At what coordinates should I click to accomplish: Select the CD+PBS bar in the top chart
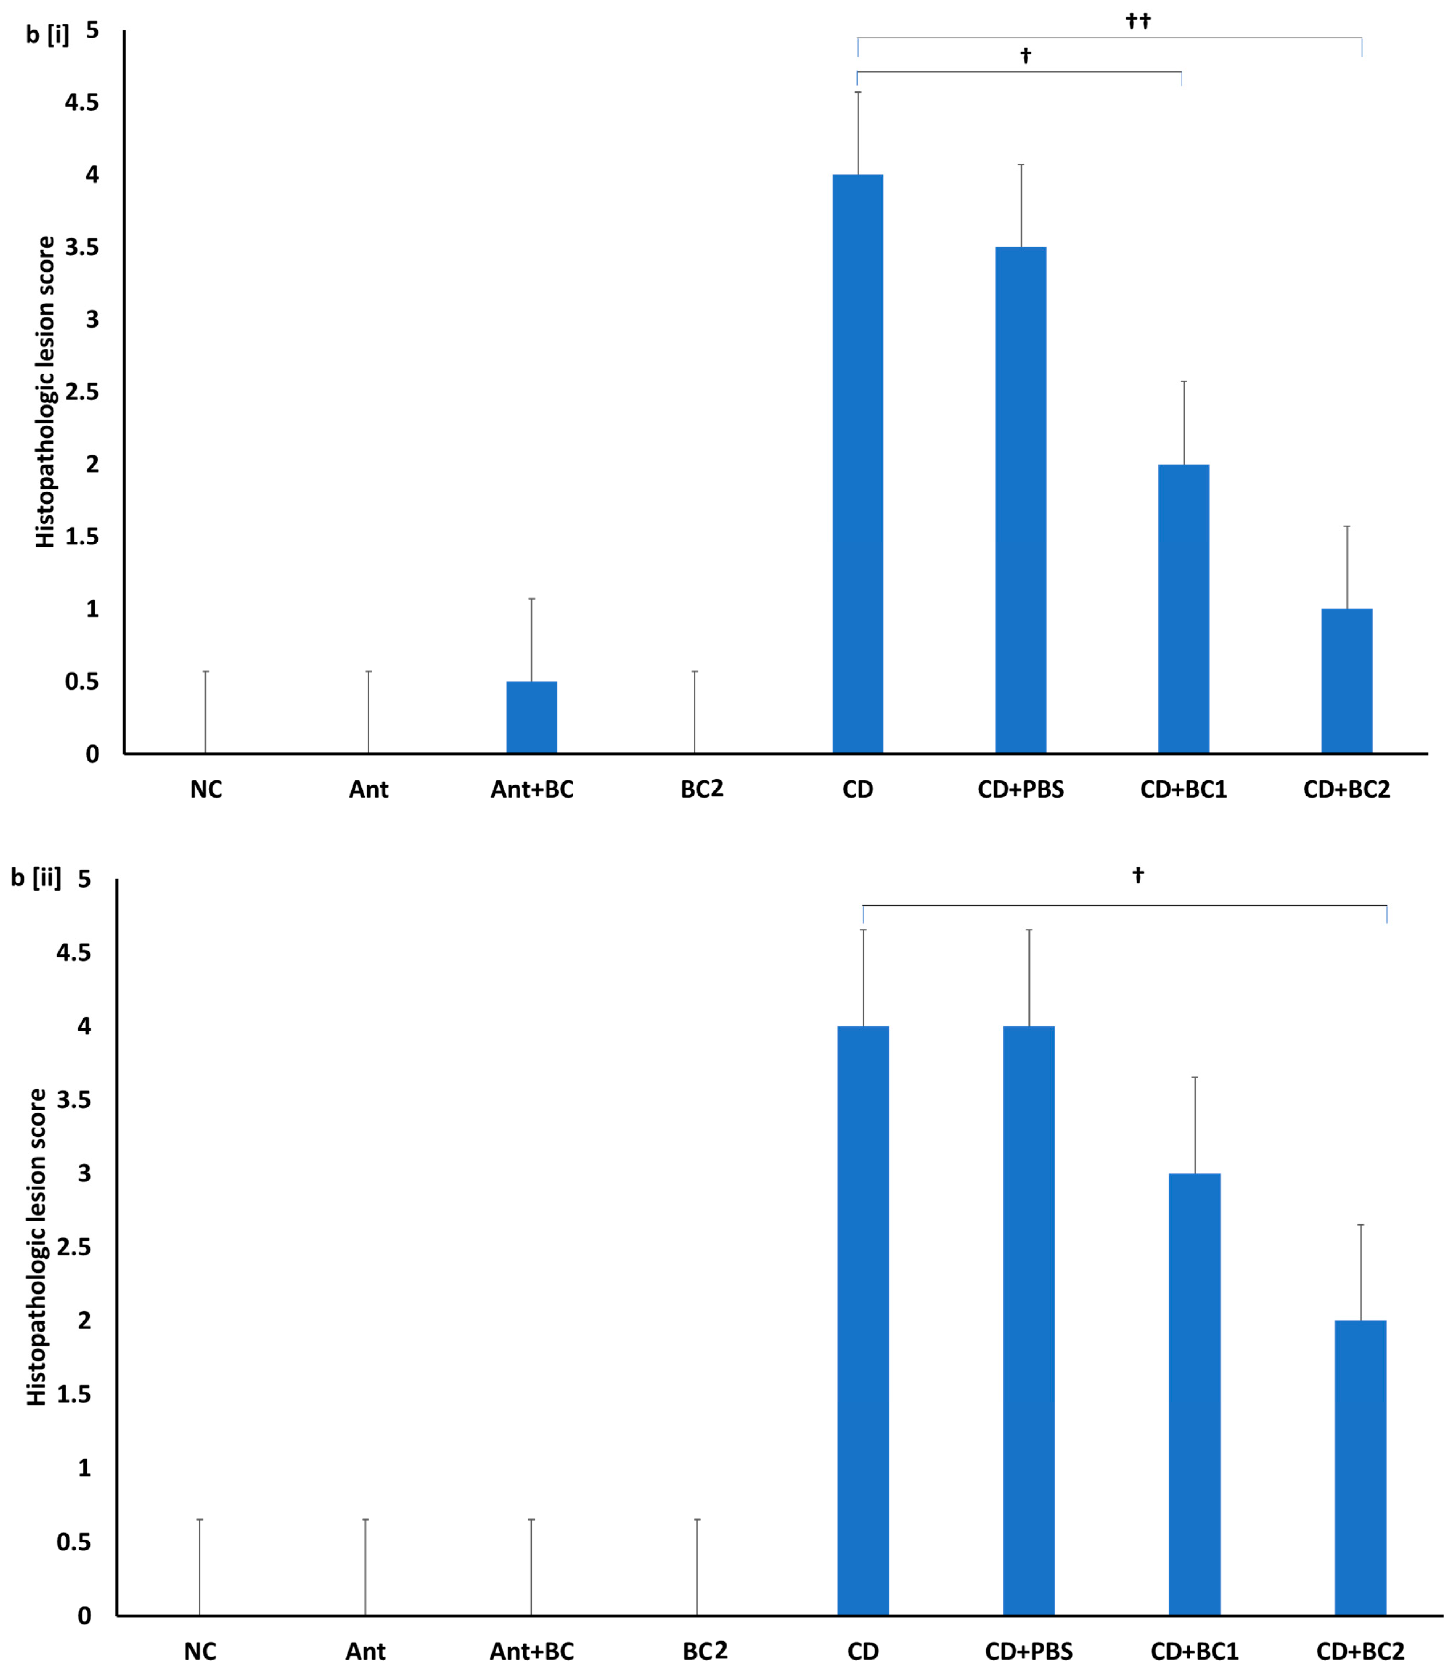tap(1021, 500)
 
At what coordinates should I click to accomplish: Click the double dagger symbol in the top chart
tap(1138, 21)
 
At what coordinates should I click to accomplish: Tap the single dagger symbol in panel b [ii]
tap(1137, 875)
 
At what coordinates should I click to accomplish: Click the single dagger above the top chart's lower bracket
tap(1025, 55)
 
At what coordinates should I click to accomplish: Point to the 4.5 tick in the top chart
tap(81, 102)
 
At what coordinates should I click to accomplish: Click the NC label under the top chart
tap(205, 789)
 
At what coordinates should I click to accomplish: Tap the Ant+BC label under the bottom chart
tap(531, 1651)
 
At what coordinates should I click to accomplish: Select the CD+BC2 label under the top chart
tap(1346, 789)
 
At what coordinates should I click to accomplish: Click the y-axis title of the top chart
tap(45, 391)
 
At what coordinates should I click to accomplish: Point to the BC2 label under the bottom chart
tap(704, 1651)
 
